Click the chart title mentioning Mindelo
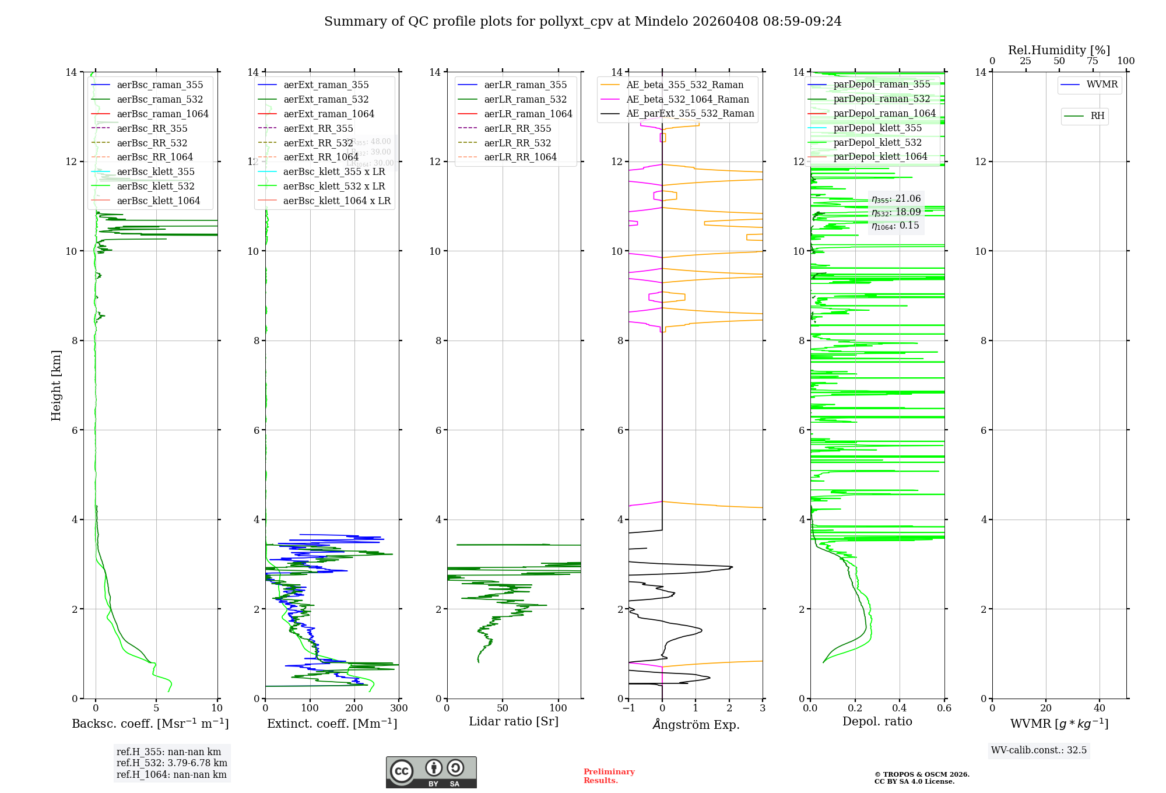582,22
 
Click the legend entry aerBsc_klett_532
155,187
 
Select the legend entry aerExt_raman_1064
328,114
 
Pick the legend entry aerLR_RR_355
517,129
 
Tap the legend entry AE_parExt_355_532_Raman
690,114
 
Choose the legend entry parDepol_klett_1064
880,157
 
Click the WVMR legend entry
1101,85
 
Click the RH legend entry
1097,116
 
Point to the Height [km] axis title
56,385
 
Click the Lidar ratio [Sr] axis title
514,722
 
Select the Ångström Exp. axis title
696,725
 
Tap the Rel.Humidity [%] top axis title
1059,51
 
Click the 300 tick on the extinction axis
399,708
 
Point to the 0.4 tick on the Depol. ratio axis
900,708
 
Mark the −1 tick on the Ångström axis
628,708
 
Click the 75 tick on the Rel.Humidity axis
1093,61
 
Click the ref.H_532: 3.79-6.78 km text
172,763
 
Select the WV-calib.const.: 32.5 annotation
1039,750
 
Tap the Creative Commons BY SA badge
431,773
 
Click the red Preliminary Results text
609,776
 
